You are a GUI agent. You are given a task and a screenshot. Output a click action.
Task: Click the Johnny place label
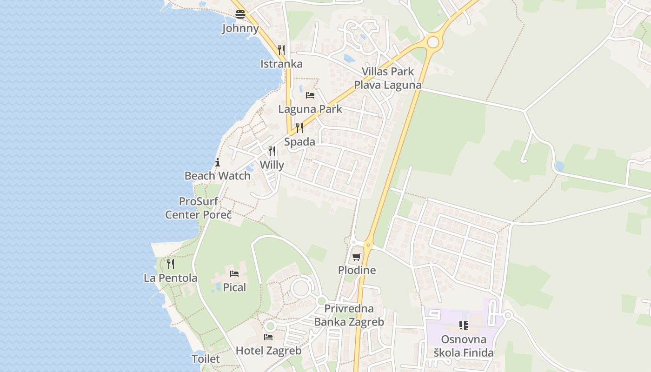240,28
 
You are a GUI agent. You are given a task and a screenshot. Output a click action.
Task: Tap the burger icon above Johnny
240,14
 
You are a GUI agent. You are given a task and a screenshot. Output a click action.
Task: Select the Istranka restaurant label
281,64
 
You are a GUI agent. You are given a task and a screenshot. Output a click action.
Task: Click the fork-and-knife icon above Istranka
281,50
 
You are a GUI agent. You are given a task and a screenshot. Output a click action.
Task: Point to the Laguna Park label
310,109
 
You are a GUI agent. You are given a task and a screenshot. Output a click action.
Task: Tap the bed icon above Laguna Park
310,95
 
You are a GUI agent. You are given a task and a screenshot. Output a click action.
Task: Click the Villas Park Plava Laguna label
388,78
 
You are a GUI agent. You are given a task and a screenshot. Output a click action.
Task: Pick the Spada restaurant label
299,142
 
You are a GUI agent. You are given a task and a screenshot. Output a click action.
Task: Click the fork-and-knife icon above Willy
272,151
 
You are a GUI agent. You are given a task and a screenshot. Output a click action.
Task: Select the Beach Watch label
218,176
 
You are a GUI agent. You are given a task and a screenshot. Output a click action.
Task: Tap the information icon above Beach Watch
218,162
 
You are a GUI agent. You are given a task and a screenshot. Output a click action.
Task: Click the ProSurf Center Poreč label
199,208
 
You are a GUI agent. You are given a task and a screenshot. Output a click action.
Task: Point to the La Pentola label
171,278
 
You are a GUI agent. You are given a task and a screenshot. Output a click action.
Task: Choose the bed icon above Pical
234,273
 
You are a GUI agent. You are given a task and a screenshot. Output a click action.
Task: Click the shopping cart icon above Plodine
357,257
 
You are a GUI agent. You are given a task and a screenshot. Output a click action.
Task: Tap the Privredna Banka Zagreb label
349,315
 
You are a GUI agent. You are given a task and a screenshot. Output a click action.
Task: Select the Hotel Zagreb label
269,351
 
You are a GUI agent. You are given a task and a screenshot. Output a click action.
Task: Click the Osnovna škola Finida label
464,346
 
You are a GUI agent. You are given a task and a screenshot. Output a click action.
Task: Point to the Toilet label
206,359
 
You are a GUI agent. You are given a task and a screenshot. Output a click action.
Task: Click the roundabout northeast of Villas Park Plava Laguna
433,42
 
